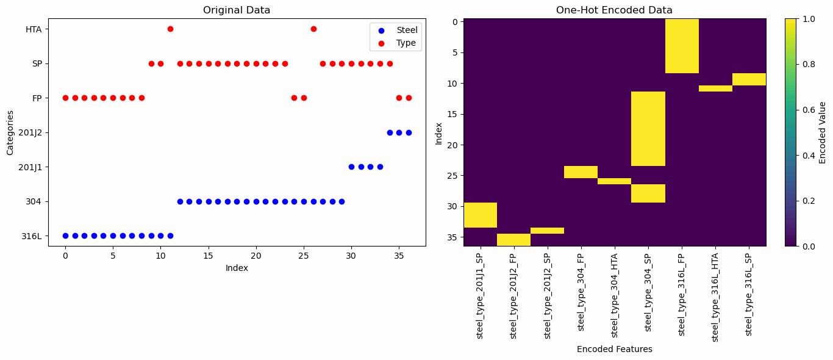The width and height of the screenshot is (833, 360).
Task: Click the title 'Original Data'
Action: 236,10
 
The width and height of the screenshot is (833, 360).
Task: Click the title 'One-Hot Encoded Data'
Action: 614,10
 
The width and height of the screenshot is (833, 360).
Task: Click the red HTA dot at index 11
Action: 170,29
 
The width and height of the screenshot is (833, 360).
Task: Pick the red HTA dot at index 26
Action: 313,29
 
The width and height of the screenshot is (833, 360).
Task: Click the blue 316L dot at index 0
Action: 65,236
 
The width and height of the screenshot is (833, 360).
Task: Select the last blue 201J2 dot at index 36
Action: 409,132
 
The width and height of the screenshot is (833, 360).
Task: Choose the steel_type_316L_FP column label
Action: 682,293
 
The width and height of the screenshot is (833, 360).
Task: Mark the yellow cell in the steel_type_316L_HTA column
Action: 715,88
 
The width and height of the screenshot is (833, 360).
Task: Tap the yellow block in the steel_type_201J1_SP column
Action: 481,215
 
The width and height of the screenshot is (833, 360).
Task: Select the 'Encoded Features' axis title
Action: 614,349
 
